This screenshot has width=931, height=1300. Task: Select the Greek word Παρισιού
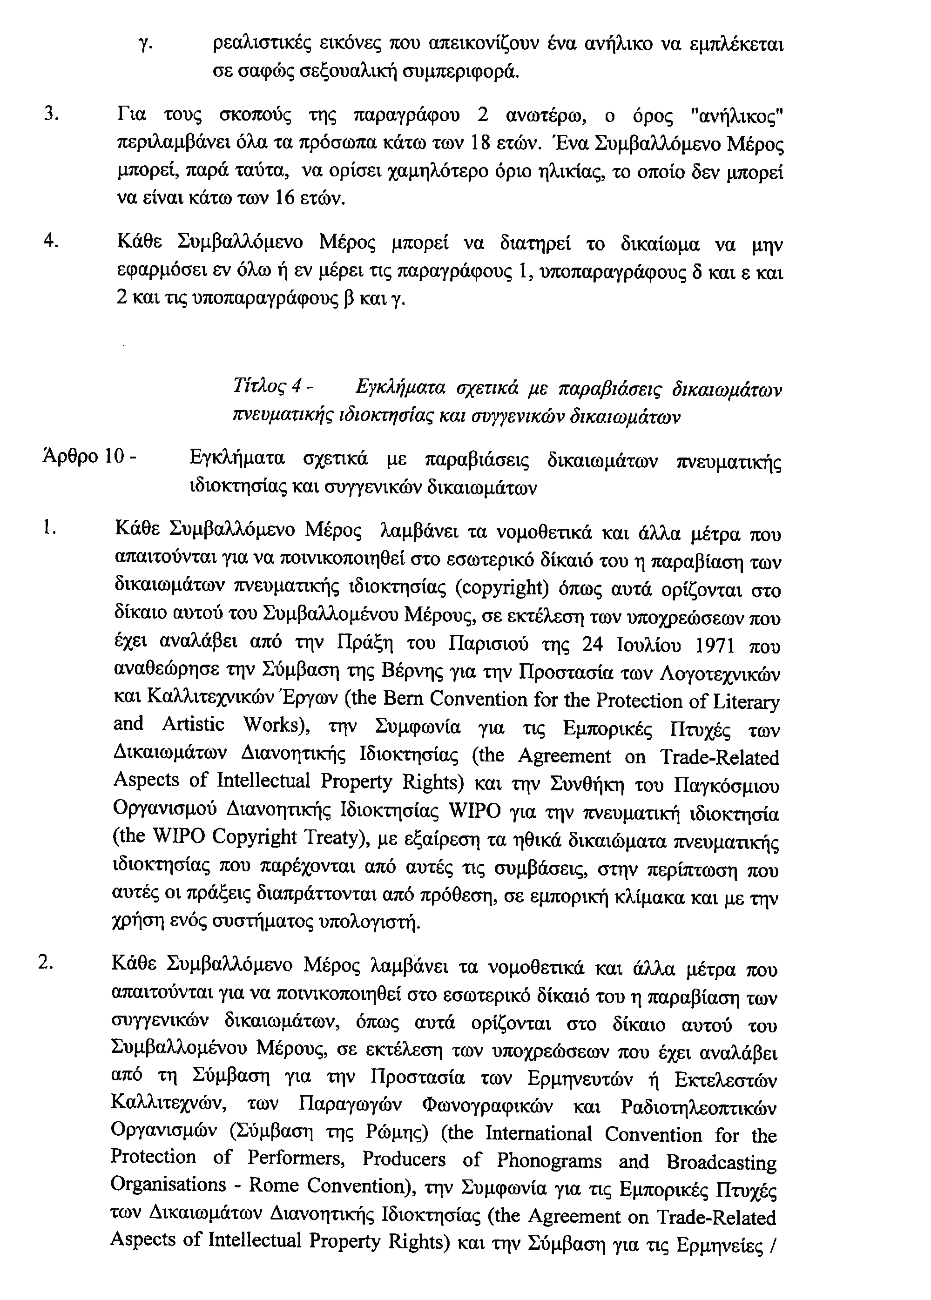point(493,646)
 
